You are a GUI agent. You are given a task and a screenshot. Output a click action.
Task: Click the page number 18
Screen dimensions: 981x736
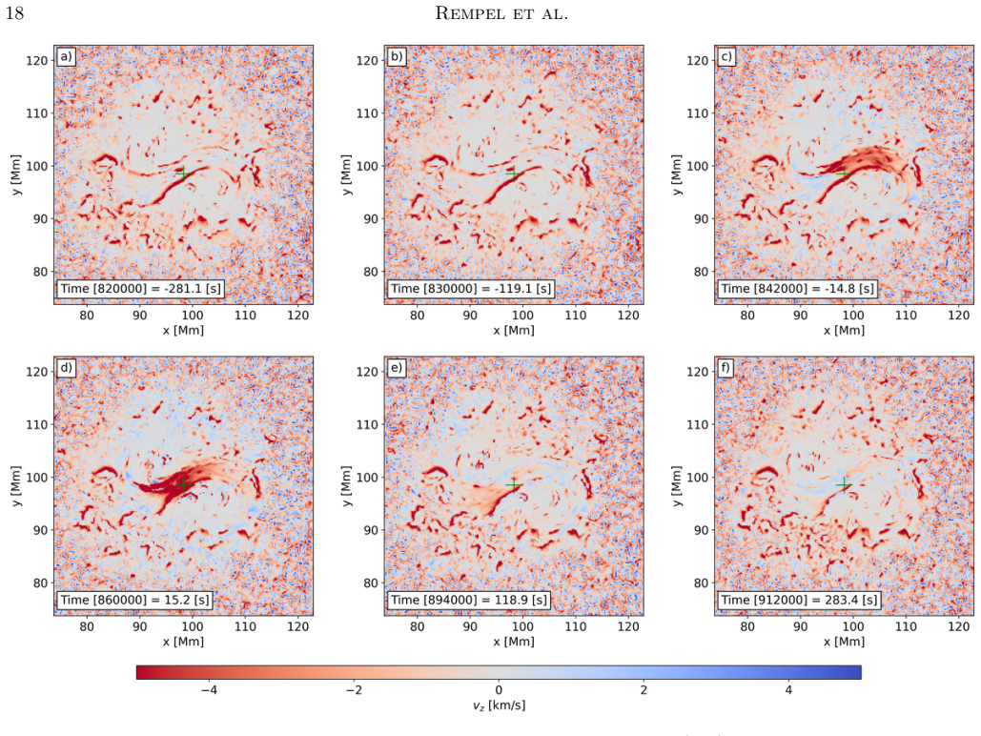pos(14,12)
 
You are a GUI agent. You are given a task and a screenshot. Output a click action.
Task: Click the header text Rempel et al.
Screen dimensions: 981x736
pos(501,12)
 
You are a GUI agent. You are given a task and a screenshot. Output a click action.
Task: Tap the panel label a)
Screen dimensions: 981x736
pos(66,57)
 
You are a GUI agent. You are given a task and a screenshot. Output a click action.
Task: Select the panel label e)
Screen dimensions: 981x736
pos(396,368)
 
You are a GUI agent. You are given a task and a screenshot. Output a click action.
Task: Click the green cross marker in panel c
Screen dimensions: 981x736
pos(844,174)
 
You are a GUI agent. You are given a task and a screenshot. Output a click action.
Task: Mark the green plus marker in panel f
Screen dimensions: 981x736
pos(844,484)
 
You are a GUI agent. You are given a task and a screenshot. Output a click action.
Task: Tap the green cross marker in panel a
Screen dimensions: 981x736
pos(183,174)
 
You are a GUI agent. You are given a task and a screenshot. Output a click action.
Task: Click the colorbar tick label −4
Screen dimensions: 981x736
pos(209,690)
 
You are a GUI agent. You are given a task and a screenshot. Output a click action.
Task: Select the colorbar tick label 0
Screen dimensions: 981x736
pos(499,690)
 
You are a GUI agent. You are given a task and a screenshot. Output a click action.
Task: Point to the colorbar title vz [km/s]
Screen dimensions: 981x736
pos(499,705)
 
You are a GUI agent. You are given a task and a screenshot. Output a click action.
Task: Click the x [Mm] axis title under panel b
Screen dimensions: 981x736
pos(514,330)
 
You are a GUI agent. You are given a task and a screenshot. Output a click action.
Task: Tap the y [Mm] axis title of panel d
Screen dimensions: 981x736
pos(15,485)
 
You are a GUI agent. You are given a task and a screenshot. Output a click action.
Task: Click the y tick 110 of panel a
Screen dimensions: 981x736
pos(36,113)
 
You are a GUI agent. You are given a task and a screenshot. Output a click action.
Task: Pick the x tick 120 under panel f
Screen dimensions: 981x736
pos(958,626)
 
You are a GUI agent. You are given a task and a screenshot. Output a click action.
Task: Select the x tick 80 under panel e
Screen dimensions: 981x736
pos(418,626)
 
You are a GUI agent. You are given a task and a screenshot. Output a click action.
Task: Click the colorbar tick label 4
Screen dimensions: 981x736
pos(788,690)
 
